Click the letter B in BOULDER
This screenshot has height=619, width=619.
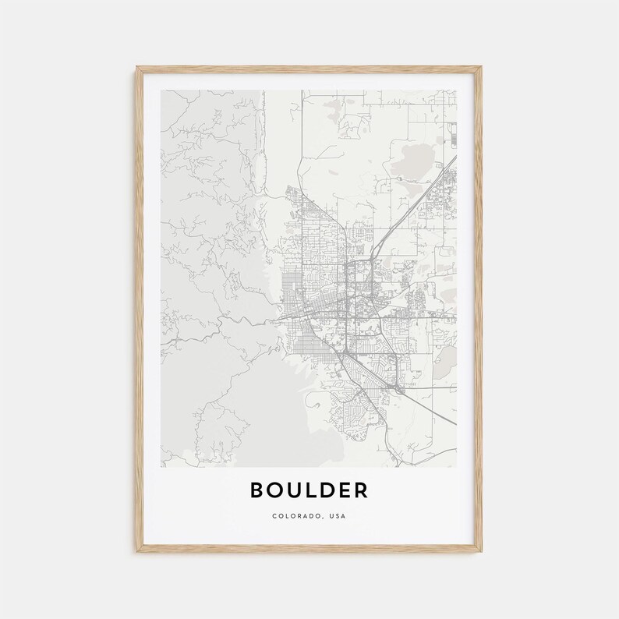pyautogui.click(x=257, y=490)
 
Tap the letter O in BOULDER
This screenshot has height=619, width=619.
pyautogui.click(x=275, y=490)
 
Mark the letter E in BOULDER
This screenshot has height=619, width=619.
pyautogui.click(x=344, y=490)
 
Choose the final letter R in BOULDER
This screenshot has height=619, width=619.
pyautogui.click(x=360, y=490)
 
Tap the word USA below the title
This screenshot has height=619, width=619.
pyautogui.click(x=337, y=516)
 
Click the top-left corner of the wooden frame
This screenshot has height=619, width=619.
pyautogui.click(x=136, y=68)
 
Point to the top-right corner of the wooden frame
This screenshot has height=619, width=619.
pyautogui.click(x=482, y=68)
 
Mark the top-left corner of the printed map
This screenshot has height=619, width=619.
pyautogui.click(x=161, y=90)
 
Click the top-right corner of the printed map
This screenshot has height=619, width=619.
pyautogui.click(x=457, y=90)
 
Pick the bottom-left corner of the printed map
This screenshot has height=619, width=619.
pyautogui.click(x=161, y=467)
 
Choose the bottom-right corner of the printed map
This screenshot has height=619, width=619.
pyautogui.click(x=457, y=467)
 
